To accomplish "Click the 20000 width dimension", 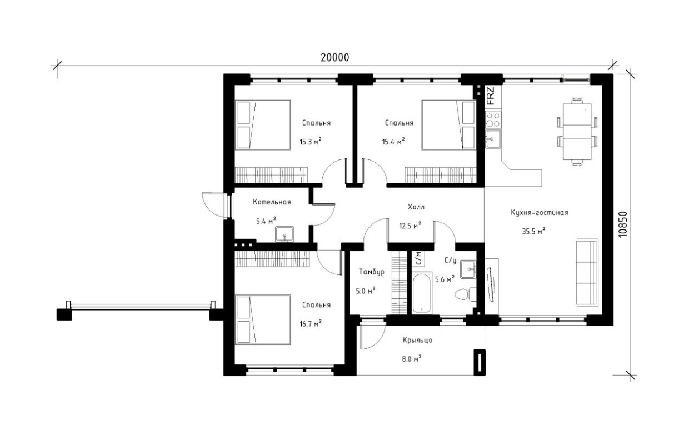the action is click(334, 58).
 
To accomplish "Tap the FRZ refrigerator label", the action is click(491, 96).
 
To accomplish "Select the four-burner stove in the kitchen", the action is click(493, 119).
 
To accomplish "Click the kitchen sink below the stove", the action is click(493, 139).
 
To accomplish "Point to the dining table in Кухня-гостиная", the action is click(577, 132).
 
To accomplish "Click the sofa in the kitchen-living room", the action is click(587, 273).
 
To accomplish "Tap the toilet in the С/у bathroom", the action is click(466, 294).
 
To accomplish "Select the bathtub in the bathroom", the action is click(422, 293).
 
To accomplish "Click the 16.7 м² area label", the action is click(311, 324).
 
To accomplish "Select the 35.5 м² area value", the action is click(533, 231).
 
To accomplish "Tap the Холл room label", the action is click(416, 207).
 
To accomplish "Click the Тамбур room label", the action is click(372, 272).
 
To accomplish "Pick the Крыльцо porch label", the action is click(417, 341).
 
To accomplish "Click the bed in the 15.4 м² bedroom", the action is click(448, 125).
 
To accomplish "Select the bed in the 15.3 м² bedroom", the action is click(263, 125).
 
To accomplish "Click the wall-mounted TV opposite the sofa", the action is click(491, 284).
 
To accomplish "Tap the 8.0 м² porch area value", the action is click(412, 359).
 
